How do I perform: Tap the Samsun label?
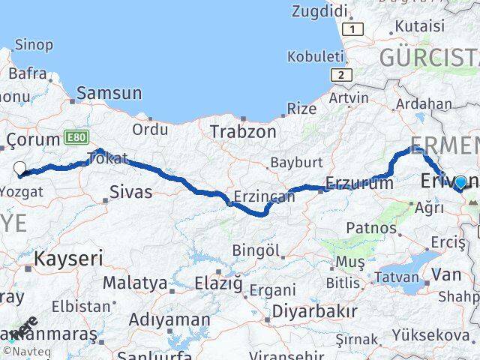tap(109, 94)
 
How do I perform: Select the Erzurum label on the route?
tap(359, 182)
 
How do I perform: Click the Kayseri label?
tap(67, 259)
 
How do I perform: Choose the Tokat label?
tap(107, 159)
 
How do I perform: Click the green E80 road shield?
tap(76, 138)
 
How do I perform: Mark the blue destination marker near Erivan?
tap(460, 182)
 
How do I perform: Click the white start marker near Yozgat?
tap(20, 169)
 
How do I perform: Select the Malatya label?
tap(134, 283)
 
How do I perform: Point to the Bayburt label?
tap(295, 163)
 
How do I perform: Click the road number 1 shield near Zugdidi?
tap(351, 28)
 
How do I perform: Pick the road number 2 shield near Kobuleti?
tap(341, 74)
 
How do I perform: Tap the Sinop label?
tap(34, 45)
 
